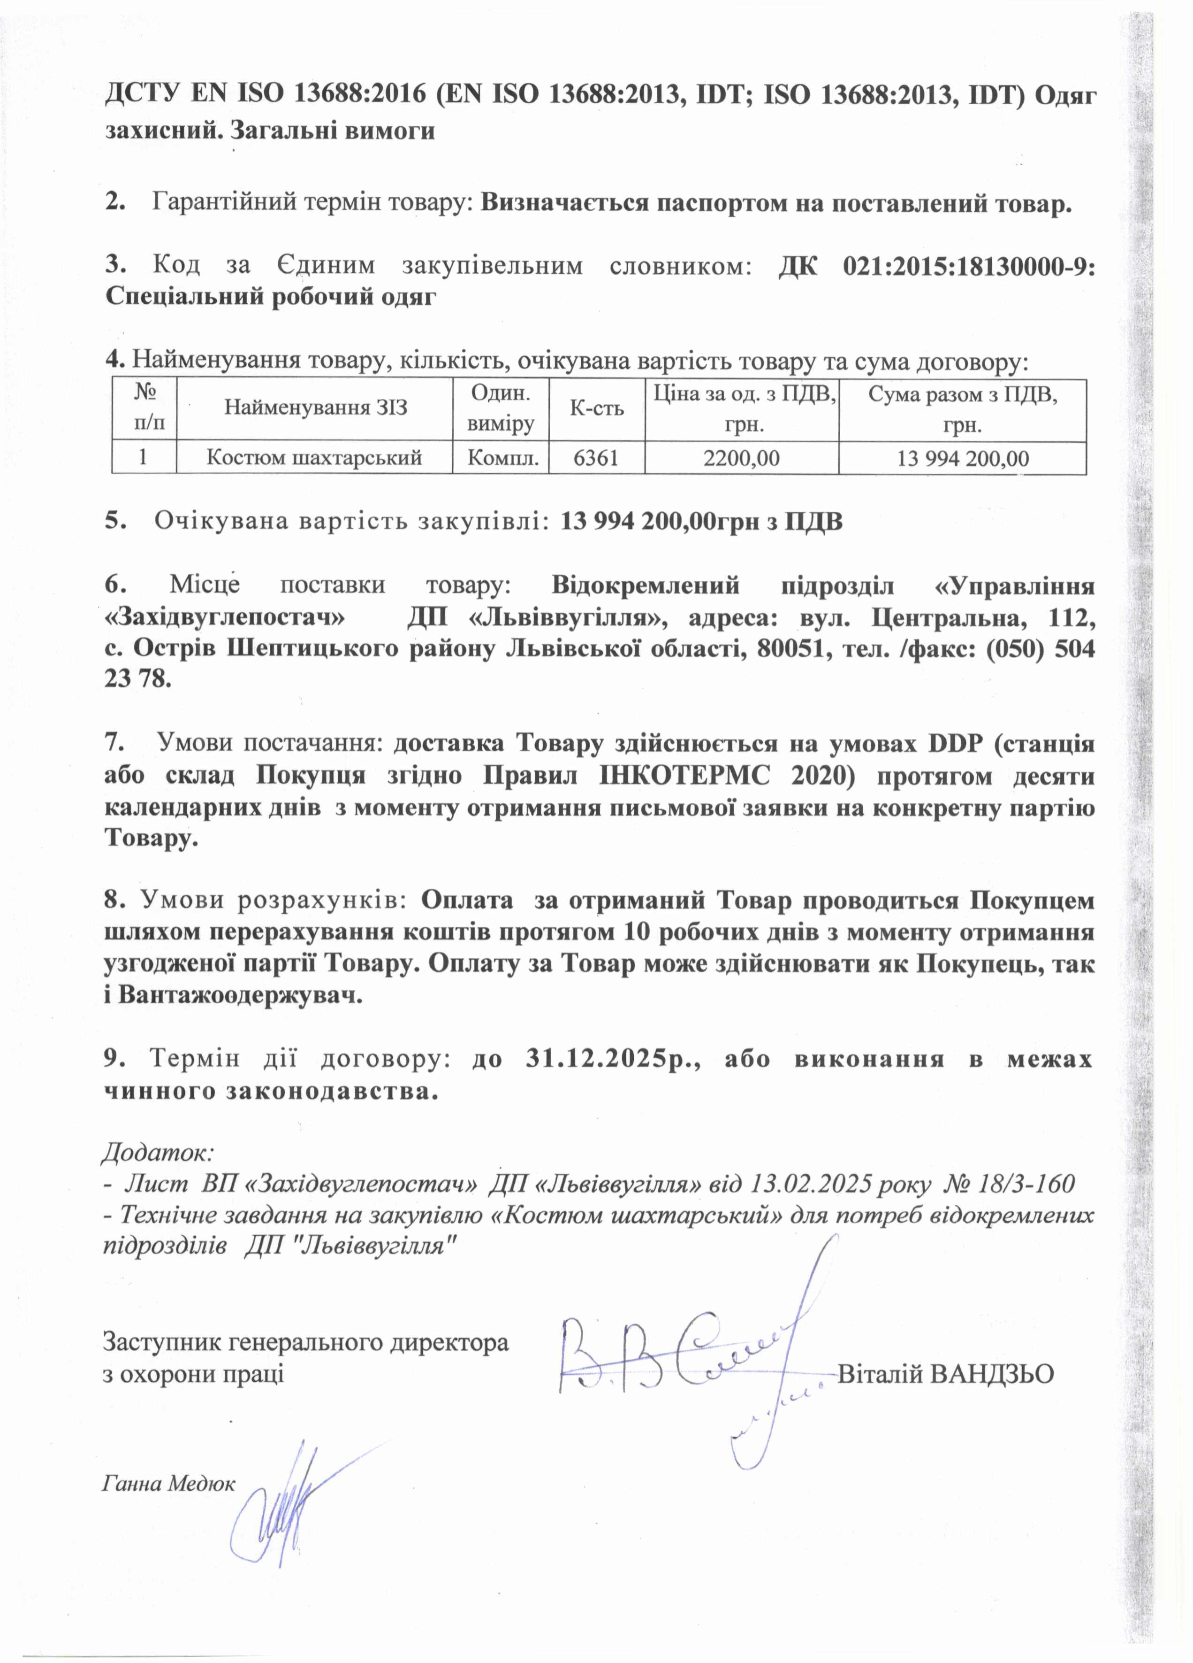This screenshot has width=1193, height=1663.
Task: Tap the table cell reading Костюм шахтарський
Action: pyautogui.click(x=314, y=458)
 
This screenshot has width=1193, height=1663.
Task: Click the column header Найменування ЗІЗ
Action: pyautogui.click(x=315, y=408)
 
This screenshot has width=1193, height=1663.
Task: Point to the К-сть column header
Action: pyautogui.click(x=597, y=408)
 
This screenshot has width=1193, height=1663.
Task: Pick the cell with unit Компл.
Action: pyautogui.click(x=501, y=458)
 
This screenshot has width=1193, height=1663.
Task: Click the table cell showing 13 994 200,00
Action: pyautogui.click(x=962, y=458)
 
